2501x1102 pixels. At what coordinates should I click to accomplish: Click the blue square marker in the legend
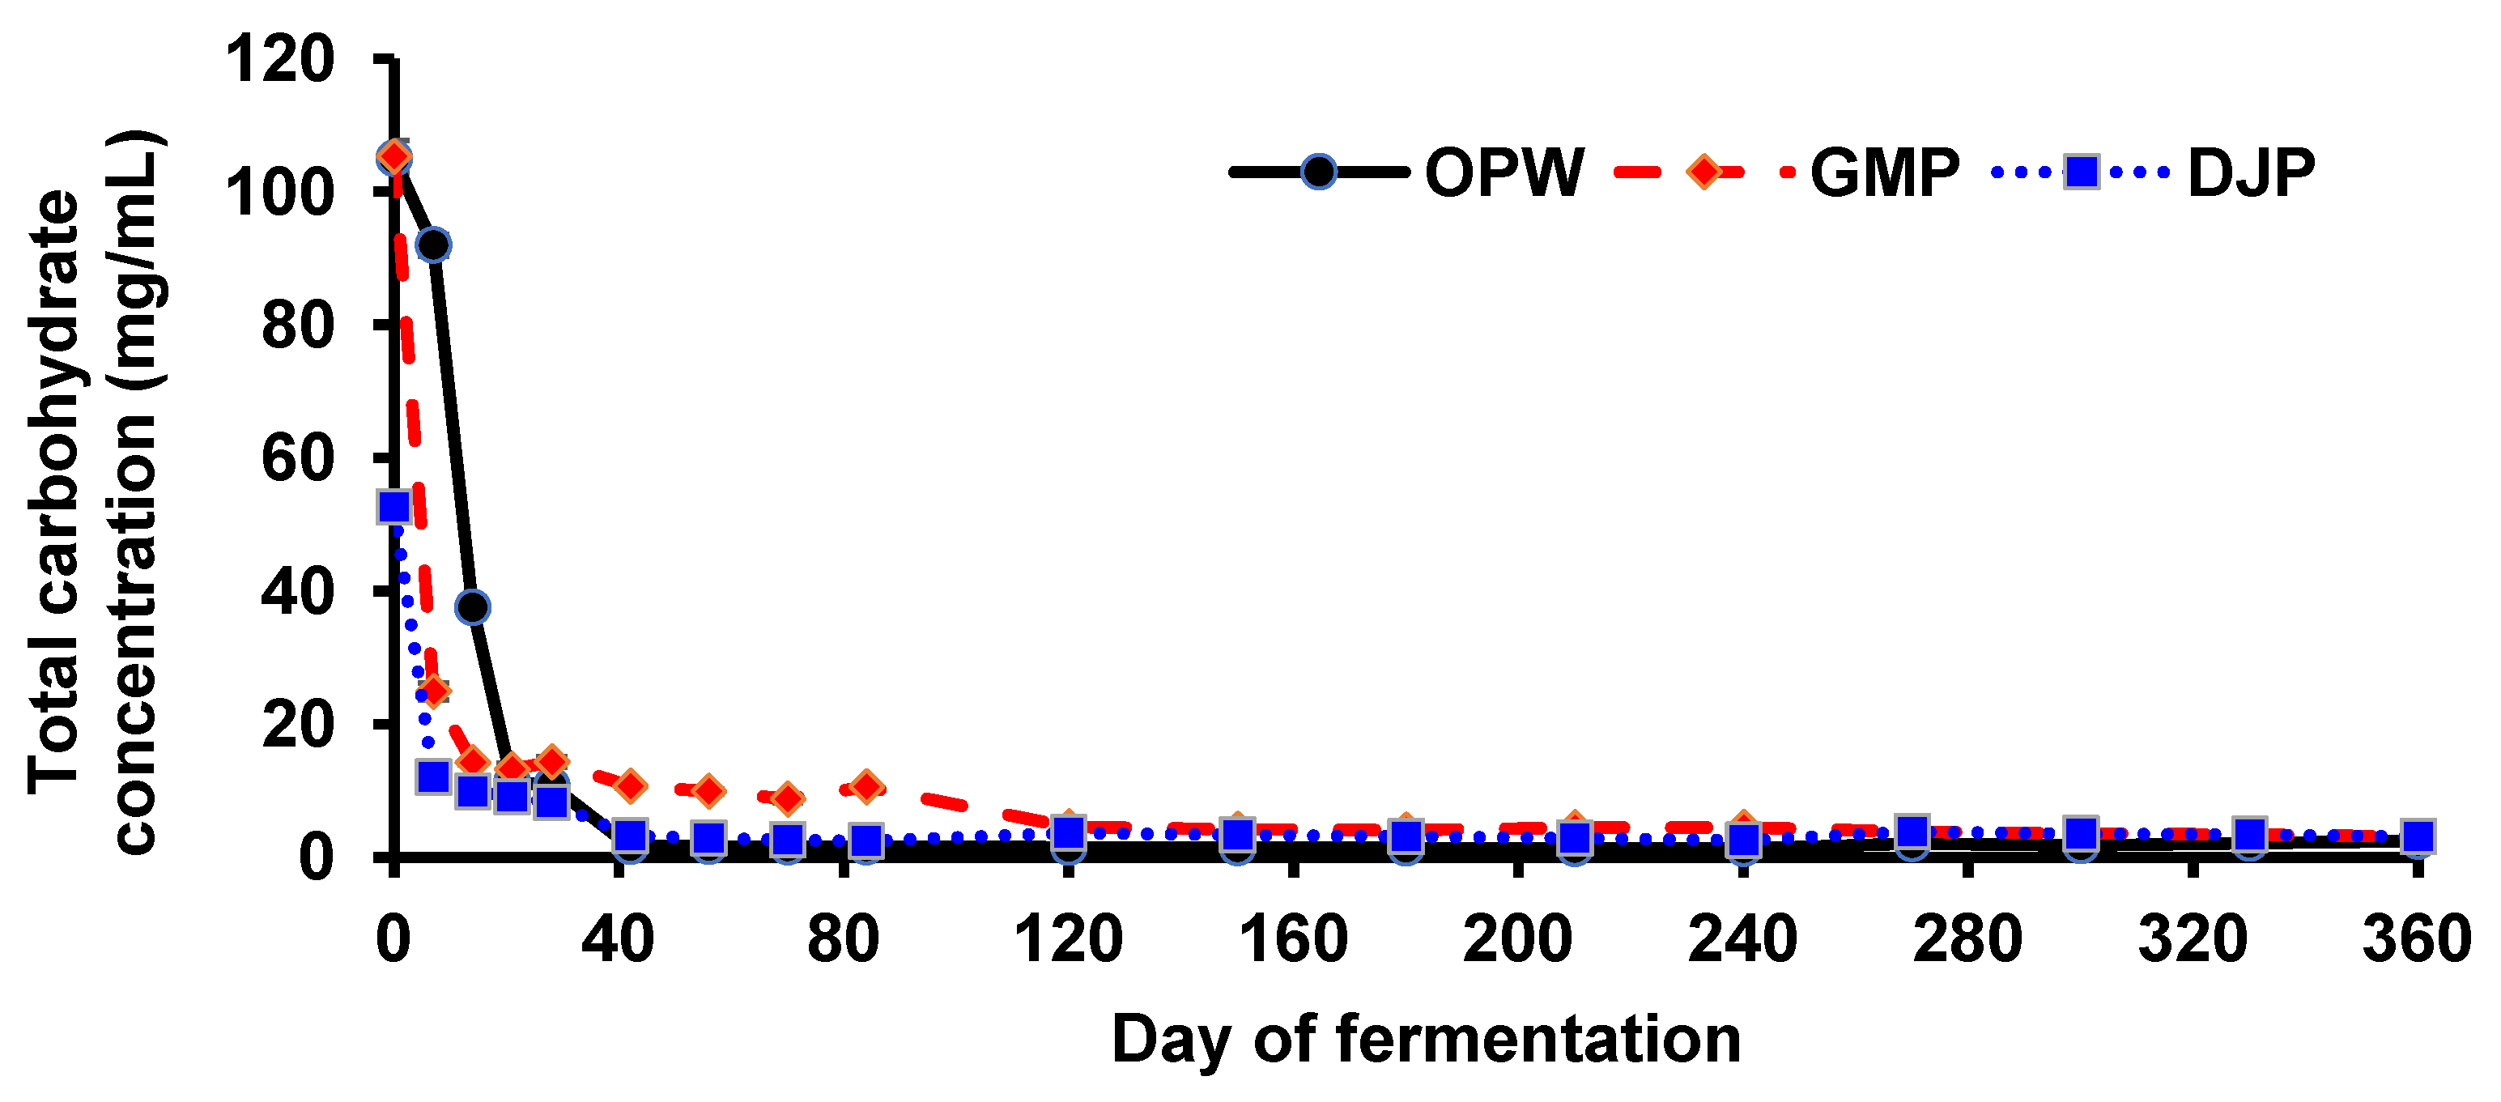2082,172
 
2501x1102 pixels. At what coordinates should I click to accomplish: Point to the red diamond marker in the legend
1704,172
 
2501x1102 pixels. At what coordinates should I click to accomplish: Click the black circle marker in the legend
1318,172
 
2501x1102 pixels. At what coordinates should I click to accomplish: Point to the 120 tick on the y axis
279,59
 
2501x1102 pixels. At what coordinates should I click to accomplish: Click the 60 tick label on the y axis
297,458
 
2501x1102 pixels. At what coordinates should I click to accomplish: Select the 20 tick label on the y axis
297,725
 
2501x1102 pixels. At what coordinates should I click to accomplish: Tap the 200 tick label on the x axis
1517,940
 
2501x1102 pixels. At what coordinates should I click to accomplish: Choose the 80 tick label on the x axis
843,940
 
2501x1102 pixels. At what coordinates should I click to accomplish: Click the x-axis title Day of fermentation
1425,1040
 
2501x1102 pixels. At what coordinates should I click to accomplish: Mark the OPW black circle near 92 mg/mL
433,245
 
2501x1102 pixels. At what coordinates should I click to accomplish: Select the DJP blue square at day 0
393,507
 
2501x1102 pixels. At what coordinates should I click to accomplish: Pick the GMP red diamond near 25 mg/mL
434,691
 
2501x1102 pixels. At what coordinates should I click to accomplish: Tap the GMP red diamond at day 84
867,785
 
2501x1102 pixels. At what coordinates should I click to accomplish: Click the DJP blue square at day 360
2418,836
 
